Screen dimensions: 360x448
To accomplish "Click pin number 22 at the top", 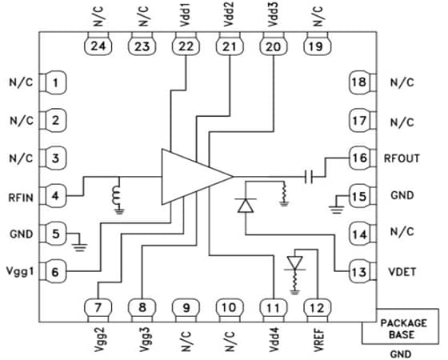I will [x=186, y=47].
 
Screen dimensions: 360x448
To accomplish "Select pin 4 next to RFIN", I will [x=55, y=194].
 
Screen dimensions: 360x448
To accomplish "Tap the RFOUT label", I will [x=404, y=158].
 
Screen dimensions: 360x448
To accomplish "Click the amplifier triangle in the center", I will [x=192, y=174].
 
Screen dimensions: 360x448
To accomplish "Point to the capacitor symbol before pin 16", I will [x=309, y=174].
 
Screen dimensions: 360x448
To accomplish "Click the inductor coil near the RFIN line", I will [x=118, y=194].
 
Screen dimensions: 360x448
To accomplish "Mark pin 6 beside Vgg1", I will [x=55, y=273].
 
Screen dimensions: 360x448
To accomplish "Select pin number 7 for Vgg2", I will [x=98, y=307].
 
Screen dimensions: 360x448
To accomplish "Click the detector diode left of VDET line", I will [x=243, y=205].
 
